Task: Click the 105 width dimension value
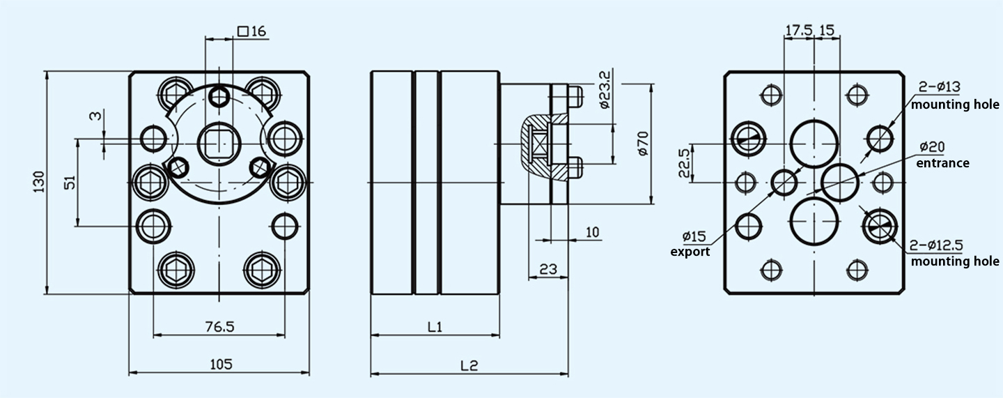pos(220,363)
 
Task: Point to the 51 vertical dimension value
pos(70,183)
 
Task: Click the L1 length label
pos(435,326)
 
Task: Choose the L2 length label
pos(469,365)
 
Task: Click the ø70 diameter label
pos(643,143)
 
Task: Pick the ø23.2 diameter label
pos(604,89)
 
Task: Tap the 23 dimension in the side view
pos(548,267)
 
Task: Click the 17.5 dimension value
pos(799,31)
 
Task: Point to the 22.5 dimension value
pos(685,162)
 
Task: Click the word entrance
pos(942,163)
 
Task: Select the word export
pos(690,252)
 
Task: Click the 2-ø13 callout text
pos(939,87)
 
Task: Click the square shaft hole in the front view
pos(219,144)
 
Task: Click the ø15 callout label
pos(695,235)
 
